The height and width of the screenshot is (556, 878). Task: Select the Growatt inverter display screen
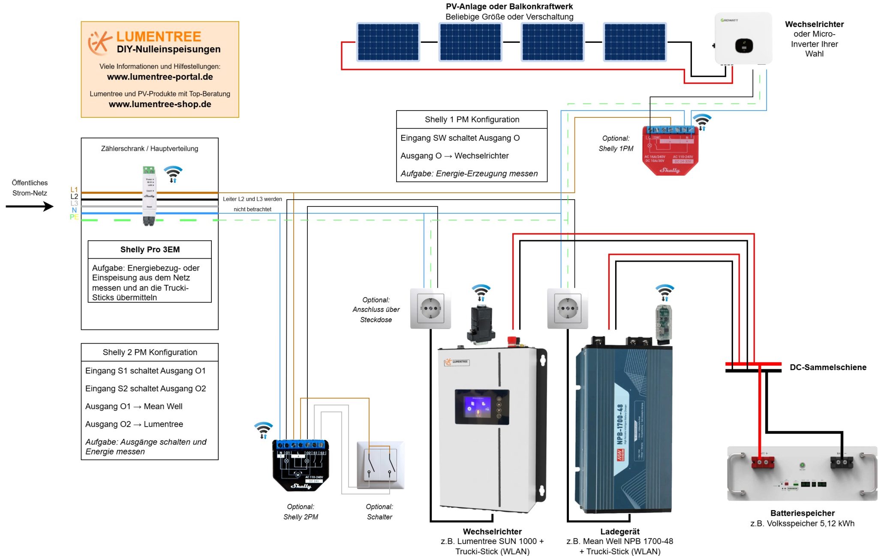click(744, 45)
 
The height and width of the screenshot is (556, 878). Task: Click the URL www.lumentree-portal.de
click(160, 77)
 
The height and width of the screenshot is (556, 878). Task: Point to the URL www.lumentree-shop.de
click(160, 105)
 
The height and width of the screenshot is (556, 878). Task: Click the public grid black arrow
click(30, 206)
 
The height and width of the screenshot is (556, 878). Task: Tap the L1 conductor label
click(74, 189)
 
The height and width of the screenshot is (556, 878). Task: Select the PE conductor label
click(74, 217)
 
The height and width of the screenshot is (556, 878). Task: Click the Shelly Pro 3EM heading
click(150, 250)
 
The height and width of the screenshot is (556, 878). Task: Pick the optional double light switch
click(380, 465)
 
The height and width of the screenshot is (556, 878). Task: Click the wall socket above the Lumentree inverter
click(430, 308)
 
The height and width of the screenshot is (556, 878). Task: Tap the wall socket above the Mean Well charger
click(568, 308)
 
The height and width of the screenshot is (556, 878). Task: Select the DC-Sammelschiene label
click(828, 368)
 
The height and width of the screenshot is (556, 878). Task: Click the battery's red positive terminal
click(763, 463)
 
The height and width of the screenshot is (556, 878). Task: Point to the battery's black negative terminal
click(841, 463)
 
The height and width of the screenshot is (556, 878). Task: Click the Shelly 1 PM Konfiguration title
click(472, 120)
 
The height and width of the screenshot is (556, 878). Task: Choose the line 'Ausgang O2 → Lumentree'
click(134, 424)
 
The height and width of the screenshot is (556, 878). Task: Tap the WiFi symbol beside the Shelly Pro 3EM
click(173, 173)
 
